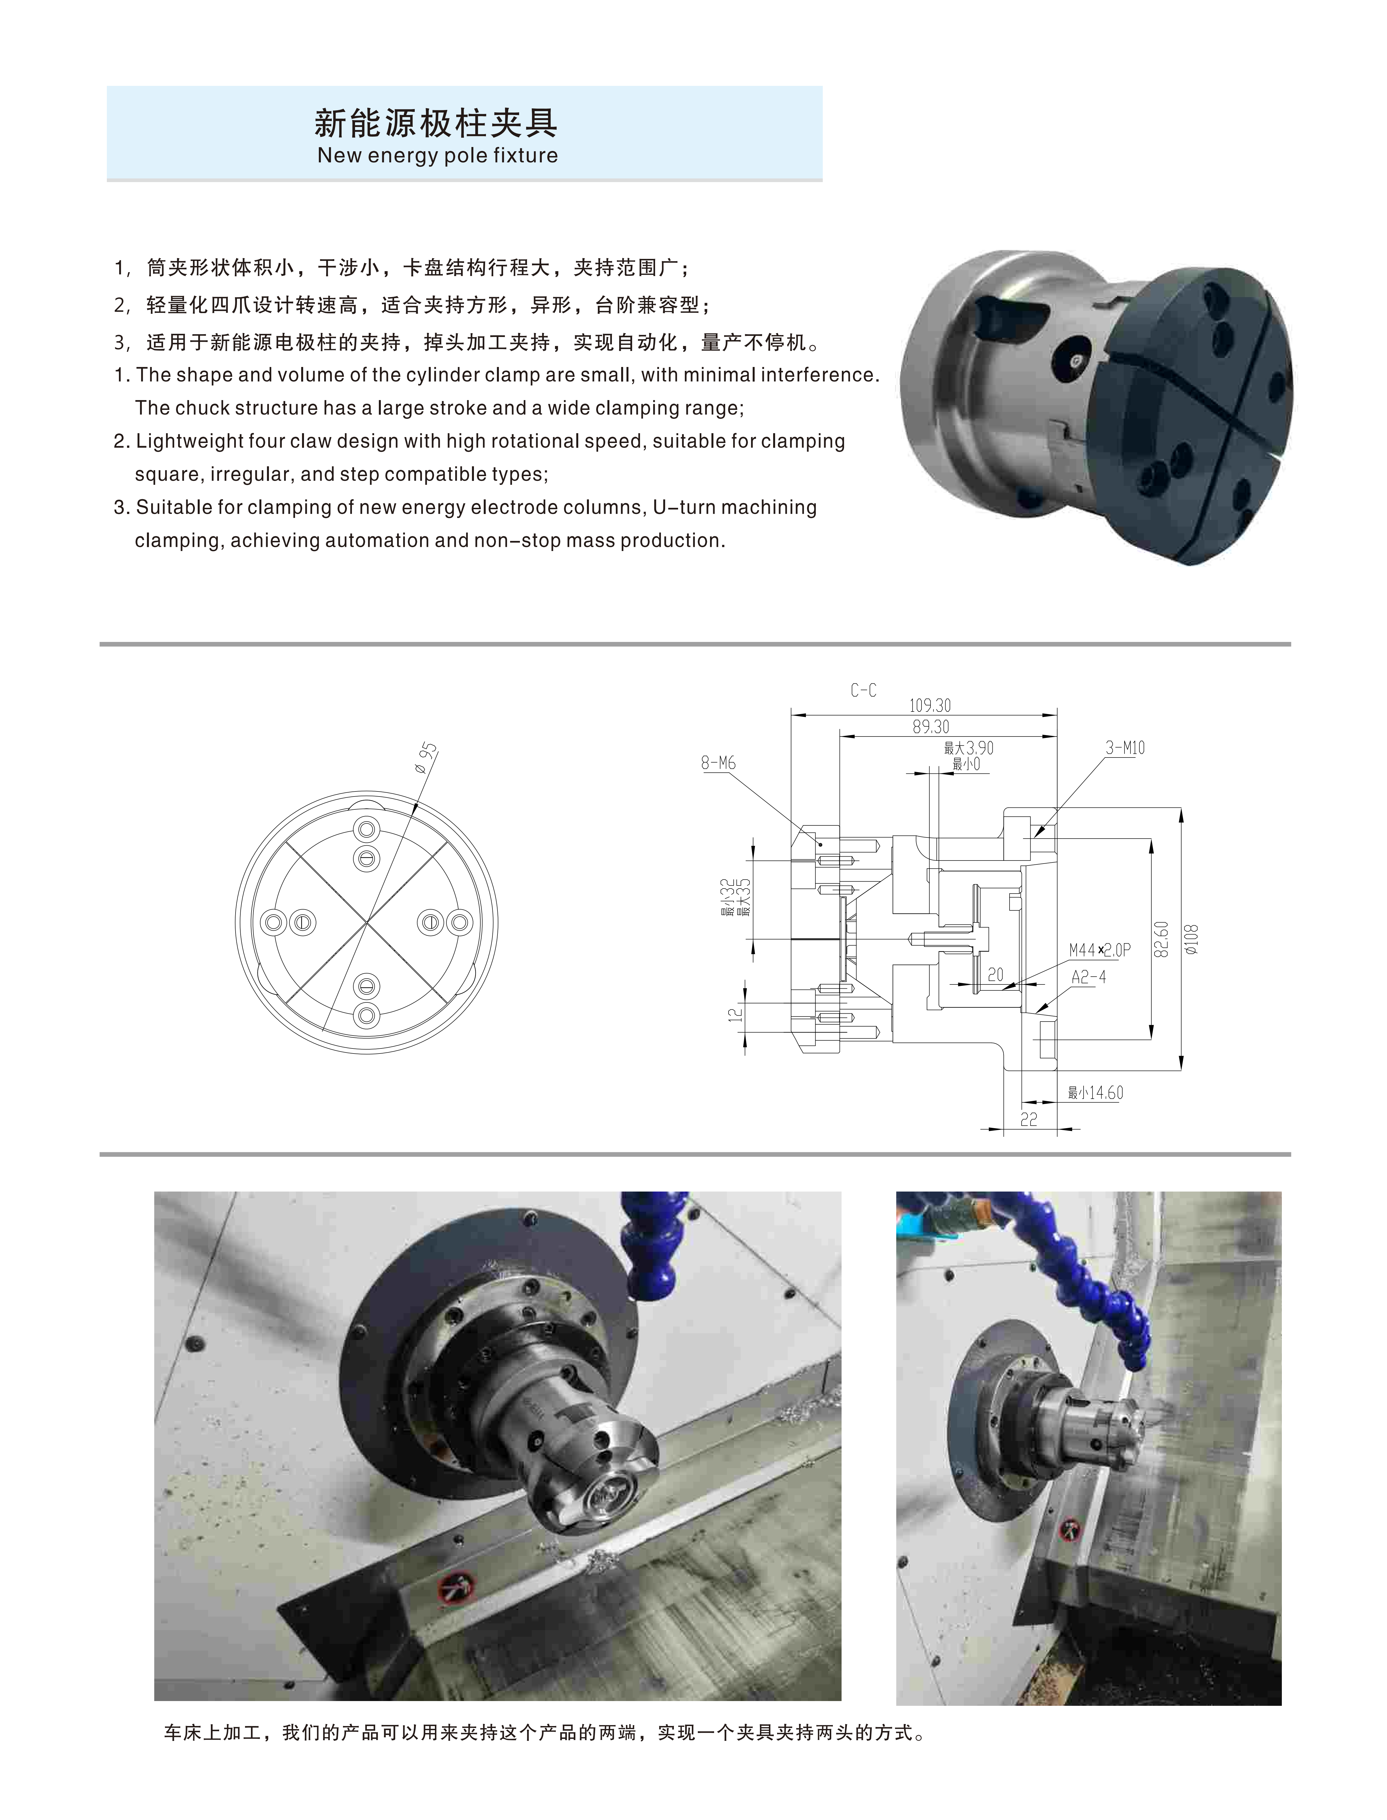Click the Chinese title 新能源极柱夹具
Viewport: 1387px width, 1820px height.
[436, 124]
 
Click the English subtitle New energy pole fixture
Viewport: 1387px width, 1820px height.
[437, 155]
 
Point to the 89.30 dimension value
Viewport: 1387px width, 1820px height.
[930, 727]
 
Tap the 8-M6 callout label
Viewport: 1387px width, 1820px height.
[718, 763]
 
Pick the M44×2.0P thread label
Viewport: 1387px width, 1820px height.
[1100, 951]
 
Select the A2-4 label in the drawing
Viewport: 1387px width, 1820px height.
[1088, 977]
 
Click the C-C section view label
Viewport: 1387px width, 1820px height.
[863, 690]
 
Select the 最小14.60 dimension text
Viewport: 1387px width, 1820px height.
[1096, 1093]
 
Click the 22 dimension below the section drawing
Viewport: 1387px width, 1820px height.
[1029, 1120]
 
